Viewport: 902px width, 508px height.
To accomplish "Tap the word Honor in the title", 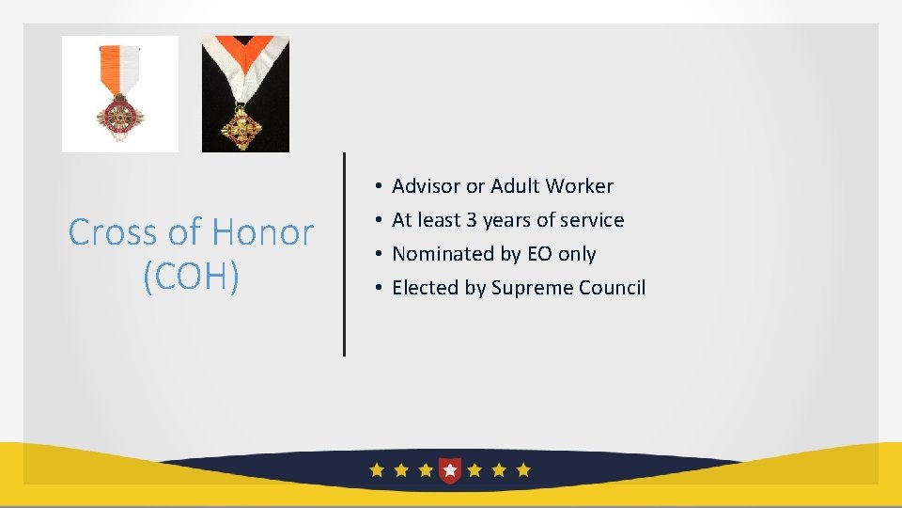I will click(263, 232).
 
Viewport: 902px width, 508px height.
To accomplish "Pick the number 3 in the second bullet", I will click(472, 220).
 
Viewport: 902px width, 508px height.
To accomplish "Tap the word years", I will click(506, 220).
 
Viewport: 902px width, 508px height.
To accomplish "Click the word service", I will click(592, 220).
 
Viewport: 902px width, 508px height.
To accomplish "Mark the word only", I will click(577, 254).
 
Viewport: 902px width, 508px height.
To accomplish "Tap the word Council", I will click(612, 288).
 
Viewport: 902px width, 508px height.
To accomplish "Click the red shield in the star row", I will click(450, 469).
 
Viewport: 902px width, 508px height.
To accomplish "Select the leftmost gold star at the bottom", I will click(377, 469).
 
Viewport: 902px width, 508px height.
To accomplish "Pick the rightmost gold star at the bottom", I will click(523, 469).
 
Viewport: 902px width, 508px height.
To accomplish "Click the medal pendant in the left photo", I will click(120, 116).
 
